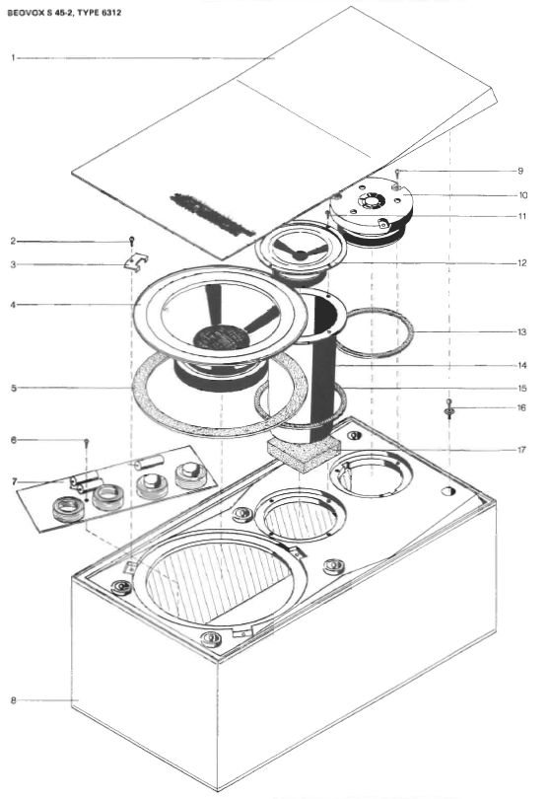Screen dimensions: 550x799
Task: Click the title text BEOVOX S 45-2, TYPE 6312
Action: coord(64,13)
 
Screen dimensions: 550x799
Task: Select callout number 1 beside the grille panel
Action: coord(13,58)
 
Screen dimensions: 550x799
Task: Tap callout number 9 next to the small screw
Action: coord(520,171)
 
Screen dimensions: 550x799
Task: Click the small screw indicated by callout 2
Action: coord(131,241)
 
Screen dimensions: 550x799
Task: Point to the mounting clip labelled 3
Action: coord(136,260)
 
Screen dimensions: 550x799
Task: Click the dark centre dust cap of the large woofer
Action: coord(222,337)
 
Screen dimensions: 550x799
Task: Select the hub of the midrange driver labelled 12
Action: coord(301,254)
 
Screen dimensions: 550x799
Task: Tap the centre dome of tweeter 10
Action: coord(371,200)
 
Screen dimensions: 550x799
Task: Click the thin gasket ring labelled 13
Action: coord(376,332)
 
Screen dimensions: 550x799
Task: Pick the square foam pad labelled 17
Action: coord(304,453)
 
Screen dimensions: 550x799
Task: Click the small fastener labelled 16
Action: coord(448,409)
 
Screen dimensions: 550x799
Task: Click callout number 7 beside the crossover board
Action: coord(14,481)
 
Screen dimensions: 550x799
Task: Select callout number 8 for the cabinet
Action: coord(13,700)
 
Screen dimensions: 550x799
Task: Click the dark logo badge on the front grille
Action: coord(212,214)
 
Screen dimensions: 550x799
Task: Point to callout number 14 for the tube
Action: coord(522,365)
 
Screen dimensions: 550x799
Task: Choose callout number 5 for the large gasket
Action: coord(13,389)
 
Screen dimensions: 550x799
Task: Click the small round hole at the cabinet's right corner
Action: coord(448,491)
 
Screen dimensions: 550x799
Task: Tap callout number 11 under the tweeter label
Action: coord(522,216)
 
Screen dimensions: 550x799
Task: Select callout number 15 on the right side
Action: coord(522,389)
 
